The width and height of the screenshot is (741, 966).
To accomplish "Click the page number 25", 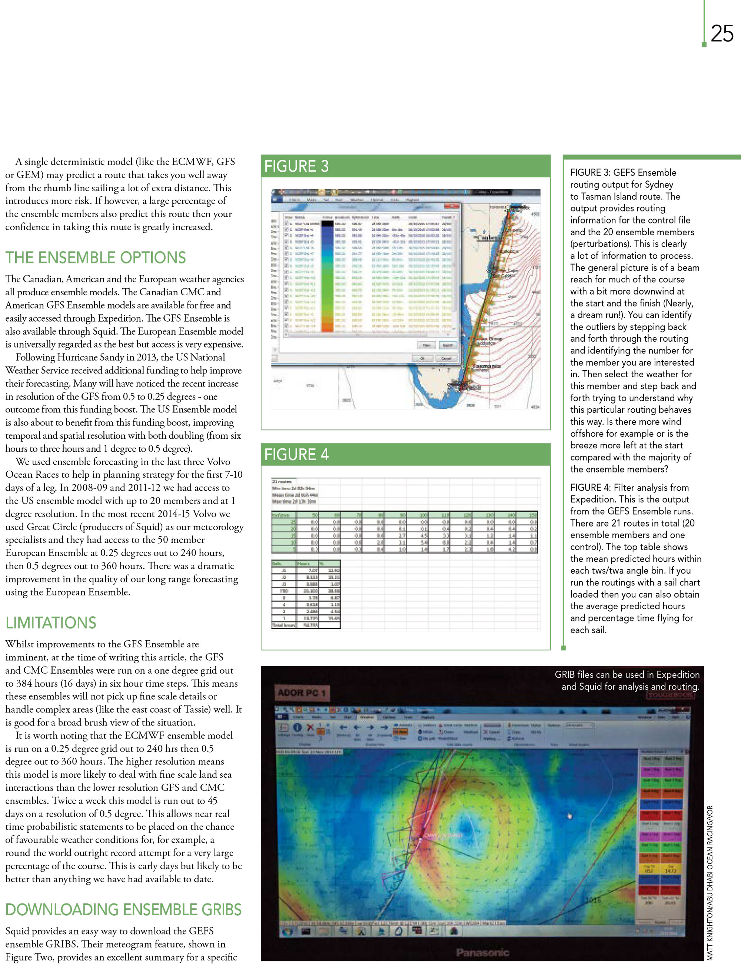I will click(x=722, y=34).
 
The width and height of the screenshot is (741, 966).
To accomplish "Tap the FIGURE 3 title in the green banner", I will click(x=296, y=166).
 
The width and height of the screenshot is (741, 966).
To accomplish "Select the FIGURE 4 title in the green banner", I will click(x=296, y=454).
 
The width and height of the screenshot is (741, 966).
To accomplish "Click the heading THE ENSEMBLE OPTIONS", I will click(x=96, y=258).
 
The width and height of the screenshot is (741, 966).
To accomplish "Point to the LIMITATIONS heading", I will click(x=51, y=623).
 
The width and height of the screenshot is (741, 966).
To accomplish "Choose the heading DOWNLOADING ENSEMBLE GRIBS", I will click(x=123, y=910).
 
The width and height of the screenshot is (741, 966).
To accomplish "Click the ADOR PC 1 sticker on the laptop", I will click(x=301, y=693).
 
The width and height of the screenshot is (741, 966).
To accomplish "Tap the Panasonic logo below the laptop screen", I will click(x=482, y=952).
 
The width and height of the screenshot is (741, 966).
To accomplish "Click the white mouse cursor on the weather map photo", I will click(x=569, y=816).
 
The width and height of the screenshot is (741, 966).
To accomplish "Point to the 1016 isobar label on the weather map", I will click(x=593, y=900).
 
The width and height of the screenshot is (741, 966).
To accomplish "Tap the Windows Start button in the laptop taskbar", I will click(x=288, y=931).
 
